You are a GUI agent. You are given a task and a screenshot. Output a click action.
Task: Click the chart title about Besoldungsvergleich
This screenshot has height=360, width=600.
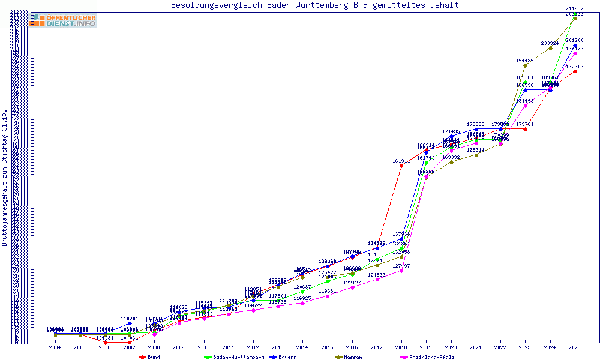coord(314,5)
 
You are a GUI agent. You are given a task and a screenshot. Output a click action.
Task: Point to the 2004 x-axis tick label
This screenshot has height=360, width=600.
coord(55,347)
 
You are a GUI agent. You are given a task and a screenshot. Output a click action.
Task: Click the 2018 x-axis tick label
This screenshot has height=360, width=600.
coord(402,347)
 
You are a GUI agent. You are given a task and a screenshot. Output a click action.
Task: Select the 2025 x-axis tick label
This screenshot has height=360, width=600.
coord(575,347)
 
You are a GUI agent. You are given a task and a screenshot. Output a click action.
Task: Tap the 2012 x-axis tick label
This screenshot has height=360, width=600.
coord(253,347)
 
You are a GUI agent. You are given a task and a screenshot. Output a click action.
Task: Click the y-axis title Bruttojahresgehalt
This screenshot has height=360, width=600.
coord(5,178)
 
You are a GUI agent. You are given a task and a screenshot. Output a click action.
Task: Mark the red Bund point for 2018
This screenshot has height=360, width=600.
coord(402,166)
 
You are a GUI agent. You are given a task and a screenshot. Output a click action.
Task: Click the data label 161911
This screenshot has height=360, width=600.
coord(401,161)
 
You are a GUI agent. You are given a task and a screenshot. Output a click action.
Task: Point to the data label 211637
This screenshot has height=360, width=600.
coord(575,8)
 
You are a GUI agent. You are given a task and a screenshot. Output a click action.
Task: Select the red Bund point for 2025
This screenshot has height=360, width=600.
coord(575,71)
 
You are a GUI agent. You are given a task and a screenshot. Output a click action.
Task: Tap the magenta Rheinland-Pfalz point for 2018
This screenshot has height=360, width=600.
coord(402,271)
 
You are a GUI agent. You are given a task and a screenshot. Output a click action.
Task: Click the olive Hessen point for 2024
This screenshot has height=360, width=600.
coord(550,48)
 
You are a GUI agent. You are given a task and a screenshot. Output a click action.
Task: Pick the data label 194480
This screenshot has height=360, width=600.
coord(525,61)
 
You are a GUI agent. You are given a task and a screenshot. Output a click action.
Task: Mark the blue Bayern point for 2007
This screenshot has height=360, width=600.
coord(130,323)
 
